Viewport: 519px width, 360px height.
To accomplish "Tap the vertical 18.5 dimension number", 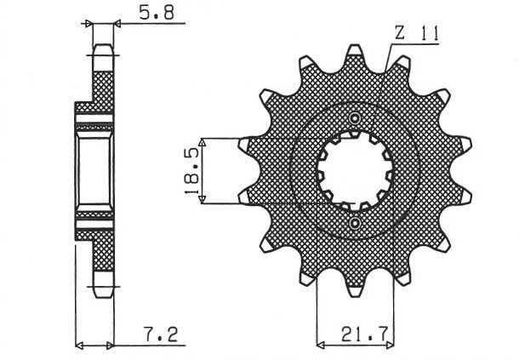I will [x=191, y=169].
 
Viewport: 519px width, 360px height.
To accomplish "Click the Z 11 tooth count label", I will [x=416, y=34].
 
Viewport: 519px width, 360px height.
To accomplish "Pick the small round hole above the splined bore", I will [x=355, y=117].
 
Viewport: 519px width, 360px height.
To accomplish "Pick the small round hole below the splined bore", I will [x=355, y=223].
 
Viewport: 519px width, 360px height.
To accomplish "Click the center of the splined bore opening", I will [x=355, y=170].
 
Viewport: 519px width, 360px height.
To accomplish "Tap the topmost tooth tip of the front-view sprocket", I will [x=355, y=51].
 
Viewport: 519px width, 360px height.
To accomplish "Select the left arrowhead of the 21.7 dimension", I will [x=321, y=346].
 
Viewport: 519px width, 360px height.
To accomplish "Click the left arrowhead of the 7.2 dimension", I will [x=79, y=346].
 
